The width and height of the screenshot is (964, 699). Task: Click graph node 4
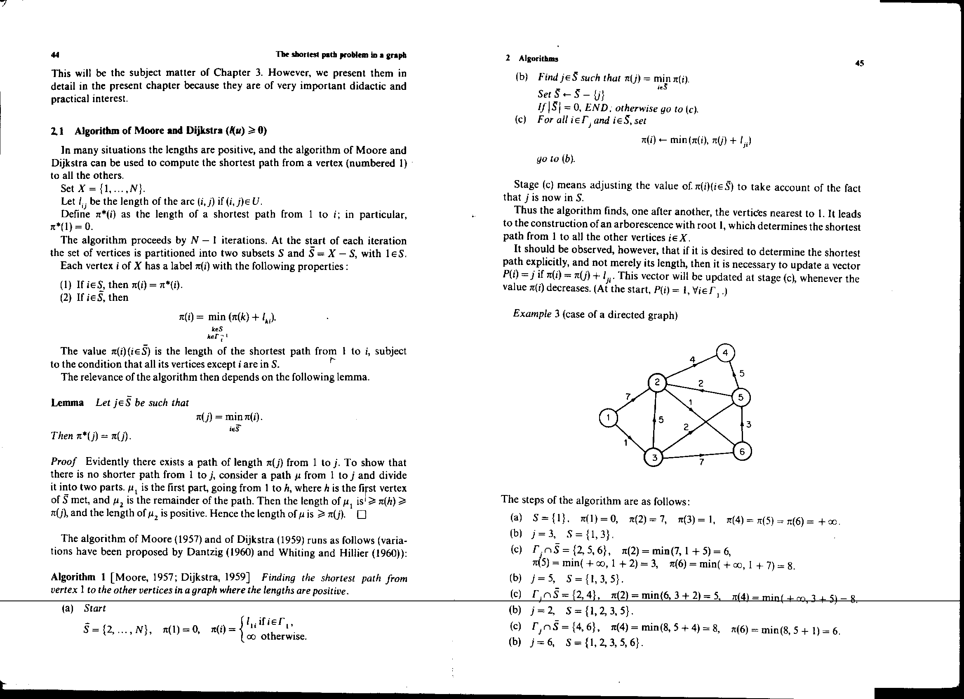725,353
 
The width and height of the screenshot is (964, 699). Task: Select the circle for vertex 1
608,418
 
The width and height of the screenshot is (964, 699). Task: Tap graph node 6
742,451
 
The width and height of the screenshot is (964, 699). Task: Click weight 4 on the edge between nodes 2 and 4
692,360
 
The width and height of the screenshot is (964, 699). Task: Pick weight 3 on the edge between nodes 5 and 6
748,424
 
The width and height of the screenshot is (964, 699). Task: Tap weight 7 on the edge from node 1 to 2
628,396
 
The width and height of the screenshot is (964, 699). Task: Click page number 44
55,55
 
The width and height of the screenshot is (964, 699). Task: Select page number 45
859,64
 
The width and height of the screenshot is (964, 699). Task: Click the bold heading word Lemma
67,403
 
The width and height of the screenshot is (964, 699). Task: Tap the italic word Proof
63,462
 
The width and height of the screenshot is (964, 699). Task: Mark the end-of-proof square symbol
362,515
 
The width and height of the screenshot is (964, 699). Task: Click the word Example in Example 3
532,314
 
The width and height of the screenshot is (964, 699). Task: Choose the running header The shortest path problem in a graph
341,55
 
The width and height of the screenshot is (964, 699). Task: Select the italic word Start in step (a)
95,608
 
